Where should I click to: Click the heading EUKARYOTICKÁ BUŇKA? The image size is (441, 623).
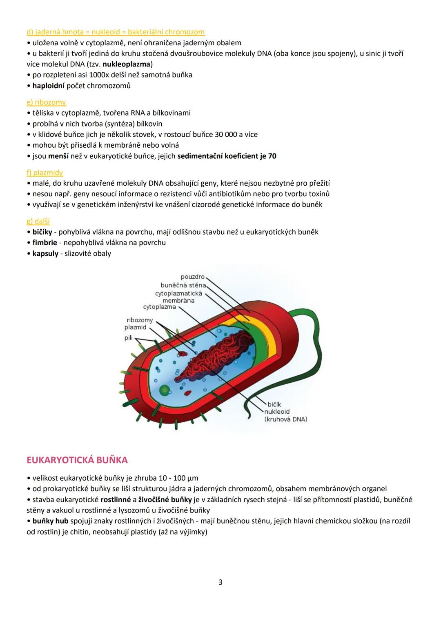click(x=77, y=460)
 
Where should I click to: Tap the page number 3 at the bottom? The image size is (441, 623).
click(x=220, y=582)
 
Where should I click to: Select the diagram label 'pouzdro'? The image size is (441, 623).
click(x=192, y=277)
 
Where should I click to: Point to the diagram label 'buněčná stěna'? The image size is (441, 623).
click(x=183, y=285)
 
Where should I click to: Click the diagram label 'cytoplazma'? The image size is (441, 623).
click(x=159, y=307)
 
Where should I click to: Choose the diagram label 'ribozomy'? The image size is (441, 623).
click(x=140, y=320)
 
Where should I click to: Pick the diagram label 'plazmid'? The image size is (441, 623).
click(x=135, y=327)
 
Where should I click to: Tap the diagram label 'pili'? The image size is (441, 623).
click(x=128, y=338)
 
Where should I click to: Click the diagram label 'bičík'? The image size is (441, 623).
click(x=274, y=404)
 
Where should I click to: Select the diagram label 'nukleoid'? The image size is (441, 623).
click(x=277, y=412)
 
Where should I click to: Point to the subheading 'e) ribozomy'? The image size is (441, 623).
click(x=46, y=102)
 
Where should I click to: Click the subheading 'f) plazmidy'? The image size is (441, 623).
click(x=45, y=173)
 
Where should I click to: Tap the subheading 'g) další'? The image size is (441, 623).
click(x=38, y=221)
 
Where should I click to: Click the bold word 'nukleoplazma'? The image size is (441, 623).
click(x=127, y=64)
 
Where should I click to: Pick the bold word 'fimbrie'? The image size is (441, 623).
click(x=45, y=243)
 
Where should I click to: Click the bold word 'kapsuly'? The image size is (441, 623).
click(x=45, y=254)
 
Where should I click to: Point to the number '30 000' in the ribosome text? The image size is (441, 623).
click(x=226, y=135)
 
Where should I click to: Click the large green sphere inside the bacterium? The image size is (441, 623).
click(x=165, y=390)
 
